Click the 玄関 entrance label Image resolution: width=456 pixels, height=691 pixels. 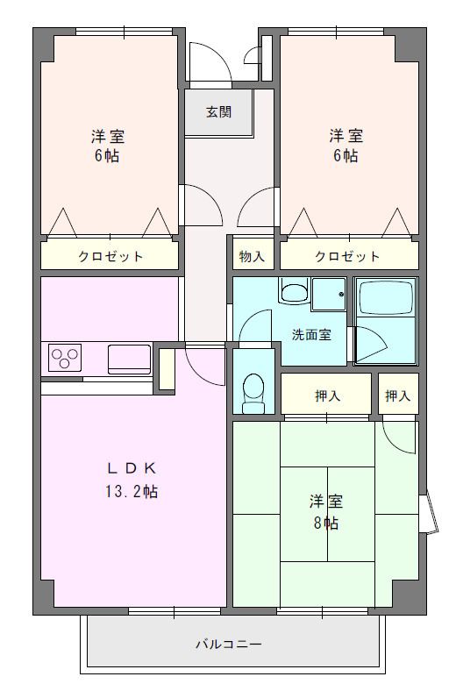(x=219, y=112)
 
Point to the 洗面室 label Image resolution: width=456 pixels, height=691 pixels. (x=311, y=334)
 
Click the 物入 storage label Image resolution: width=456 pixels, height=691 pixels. (x=252, y=256)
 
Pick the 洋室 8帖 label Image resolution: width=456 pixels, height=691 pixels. (x=325, y=512)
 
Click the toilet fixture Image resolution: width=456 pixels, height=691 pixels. (x=253, y=392)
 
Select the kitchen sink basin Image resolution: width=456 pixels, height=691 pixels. (x=129, y=359)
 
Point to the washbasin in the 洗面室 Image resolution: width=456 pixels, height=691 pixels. (x=294, y=291)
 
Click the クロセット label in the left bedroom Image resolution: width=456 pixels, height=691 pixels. (x=110, y=256)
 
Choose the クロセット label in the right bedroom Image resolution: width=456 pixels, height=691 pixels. (x=347, y=256)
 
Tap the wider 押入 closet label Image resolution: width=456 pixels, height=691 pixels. (x=327, y=395)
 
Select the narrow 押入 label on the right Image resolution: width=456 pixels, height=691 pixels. (x=397, y=395)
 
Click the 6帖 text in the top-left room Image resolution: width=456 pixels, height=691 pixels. (x=108, y=156)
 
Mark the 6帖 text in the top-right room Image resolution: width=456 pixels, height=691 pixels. (x=346, y=156)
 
